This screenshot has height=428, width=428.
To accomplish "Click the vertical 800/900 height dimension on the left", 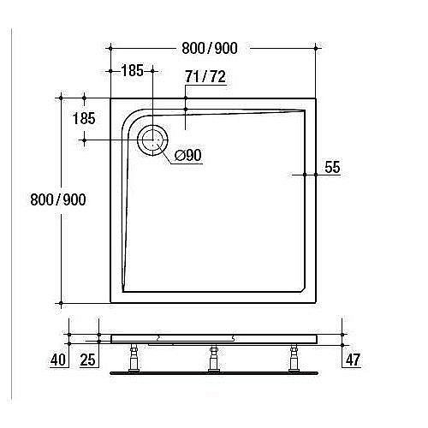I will pos(57,199).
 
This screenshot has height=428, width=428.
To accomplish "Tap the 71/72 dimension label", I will pos(205,77).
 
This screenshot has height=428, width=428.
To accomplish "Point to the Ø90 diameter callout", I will pos(187,155).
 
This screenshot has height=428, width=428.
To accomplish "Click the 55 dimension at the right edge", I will pos(333,169).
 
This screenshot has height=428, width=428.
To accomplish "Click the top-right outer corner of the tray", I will pos(316,98).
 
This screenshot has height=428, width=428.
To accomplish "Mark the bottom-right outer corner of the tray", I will pos(316,303).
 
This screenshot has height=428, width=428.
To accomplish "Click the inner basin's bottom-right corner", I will pos(305,292).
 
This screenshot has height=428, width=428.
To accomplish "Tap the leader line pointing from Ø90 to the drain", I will pos(168,152).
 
